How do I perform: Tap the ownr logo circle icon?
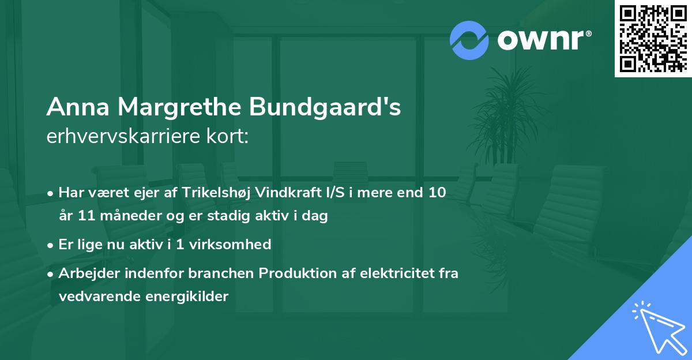(469, 40)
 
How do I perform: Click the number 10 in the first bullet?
(437, 193)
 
